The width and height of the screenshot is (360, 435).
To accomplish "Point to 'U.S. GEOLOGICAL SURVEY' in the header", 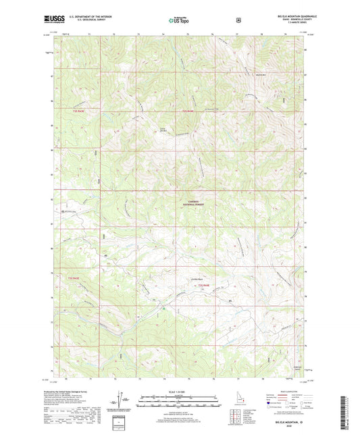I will [84, 21].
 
